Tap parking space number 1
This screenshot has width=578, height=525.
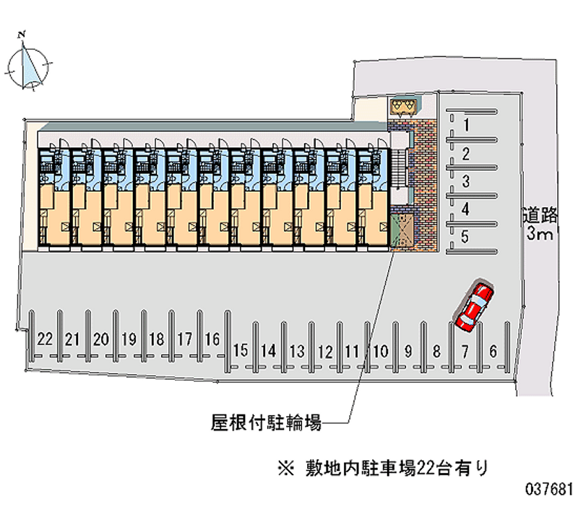coord(467,125)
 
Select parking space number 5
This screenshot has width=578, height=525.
coord(466,236)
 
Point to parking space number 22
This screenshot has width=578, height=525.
coord(45,338)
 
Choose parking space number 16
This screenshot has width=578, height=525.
coord(212,338)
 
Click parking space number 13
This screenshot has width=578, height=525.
coord(296,351)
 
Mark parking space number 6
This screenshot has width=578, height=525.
coord(493,351)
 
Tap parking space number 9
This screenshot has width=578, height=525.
coord(408,351)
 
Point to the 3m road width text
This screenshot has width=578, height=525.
coord(540,234)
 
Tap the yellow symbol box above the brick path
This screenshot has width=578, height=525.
coord(402,107)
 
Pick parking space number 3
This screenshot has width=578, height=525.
coord(467,181)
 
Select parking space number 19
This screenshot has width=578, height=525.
coord(129,338)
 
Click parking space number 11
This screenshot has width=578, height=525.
coord(353,351)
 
